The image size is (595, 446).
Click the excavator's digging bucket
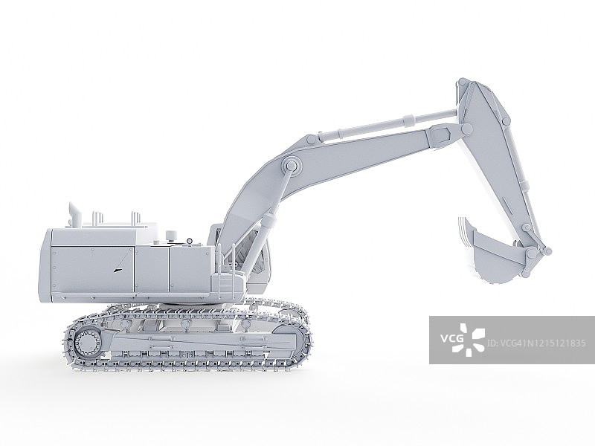[489, 252]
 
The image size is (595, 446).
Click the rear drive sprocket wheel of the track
[88, 342]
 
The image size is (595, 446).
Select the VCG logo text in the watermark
[451, 337]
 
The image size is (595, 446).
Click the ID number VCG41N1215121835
[536, 343]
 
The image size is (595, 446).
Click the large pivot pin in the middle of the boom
[291, 166]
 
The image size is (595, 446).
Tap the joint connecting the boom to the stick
[466, 129]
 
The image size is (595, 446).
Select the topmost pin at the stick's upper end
[463, 83]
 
